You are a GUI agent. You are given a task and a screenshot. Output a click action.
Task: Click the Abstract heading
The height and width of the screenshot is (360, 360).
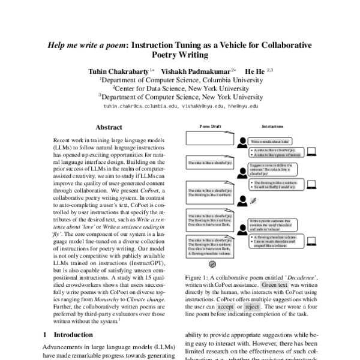point(109,128)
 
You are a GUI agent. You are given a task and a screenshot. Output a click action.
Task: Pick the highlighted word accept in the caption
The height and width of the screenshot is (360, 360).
point(226,307)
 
